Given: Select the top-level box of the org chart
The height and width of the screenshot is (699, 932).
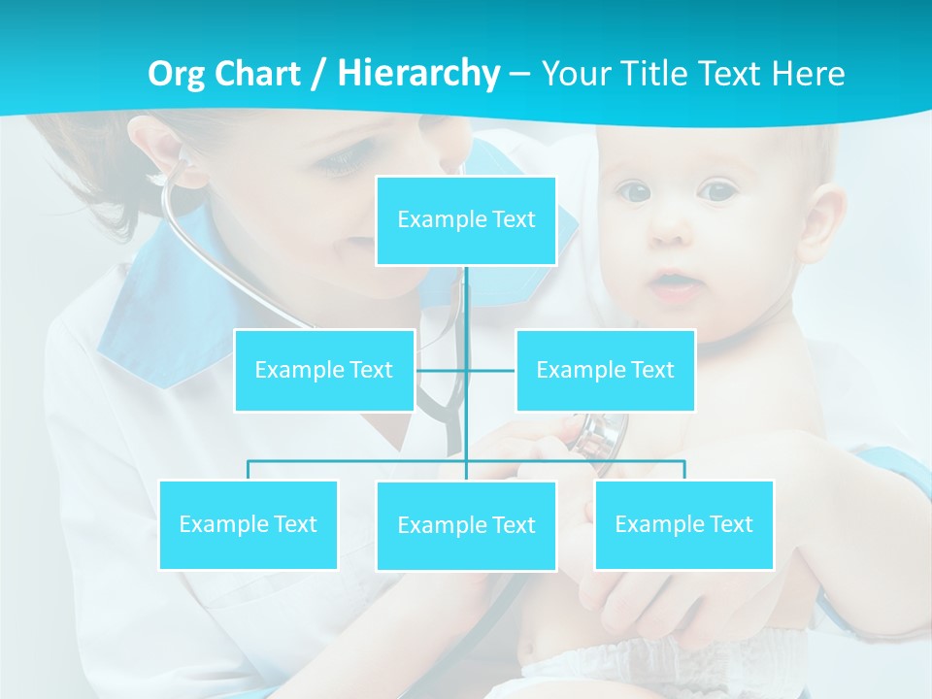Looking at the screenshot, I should coord(466,220).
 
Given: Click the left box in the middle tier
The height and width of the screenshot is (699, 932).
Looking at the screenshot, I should coord(324,370).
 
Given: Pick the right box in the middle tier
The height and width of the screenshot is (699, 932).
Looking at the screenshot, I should coord(605,370).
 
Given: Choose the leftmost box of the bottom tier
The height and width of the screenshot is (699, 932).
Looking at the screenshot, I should coord(248,525).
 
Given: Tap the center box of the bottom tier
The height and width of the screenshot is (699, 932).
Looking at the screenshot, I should coord(466,526).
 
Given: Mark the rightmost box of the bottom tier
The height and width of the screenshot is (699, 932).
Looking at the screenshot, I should coord(683,525).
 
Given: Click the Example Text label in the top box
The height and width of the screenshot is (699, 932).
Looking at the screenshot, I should coord(466,219).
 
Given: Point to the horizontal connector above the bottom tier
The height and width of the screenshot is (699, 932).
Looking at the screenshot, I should coord(359,461).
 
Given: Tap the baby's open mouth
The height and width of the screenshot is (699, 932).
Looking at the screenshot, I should coord(670,284).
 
